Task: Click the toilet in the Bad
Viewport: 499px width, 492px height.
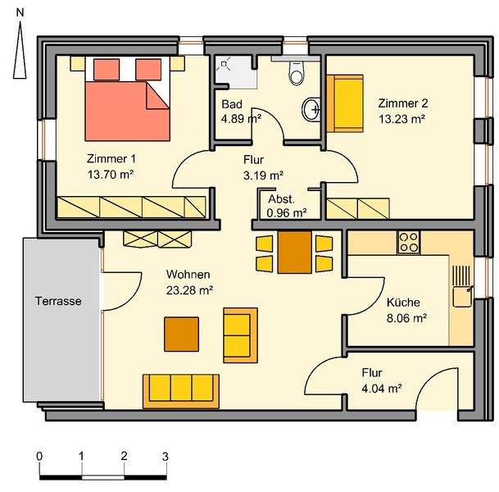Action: click(297, 73)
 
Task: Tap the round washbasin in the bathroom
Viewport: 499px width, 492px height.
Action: click(311, 109)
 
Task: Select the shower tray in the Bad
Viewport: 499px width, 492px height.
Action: click(236, 72)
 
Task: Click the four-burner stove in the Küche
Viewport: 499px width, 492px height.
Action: click(409, 243)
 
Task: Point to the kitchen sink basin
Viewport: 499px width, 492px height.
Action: click(462, 297)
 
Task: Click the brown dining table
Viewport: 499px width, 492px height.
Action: click(295, 253)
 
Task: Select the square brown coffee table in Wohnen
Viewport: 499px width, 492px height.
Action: click(181, 334)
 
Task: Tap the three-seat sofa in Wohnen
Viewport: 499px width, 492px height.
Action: click(181, 391)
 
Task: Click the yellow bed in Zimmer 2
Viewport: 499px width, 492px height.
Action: click(345, 103)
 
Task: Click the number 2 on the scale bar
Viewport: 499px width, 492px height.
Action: click(124, 456)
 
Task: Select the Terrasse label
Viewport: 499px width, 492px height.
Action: click(58, 301)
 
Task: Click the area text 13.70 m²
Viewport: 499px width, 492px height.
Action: click(111, 174)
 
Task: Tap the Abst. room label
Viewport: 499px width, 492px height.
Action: click(282, 199)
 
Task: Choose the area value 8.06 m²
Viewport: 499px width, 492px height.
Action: click(406, 318)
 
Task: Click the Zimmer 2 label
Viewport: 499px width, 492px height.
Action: click(403, 103)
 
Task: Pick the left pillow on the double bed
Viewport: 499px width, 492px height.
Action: click(107, 69)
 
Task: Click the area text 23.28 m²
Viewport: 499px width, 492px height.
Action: click(189, 290)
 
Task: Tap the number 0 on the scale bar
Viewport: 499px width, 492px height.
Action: click(39, 456)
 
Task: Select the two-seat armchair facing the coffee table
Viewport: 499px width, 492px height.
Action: click(241, 335)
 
